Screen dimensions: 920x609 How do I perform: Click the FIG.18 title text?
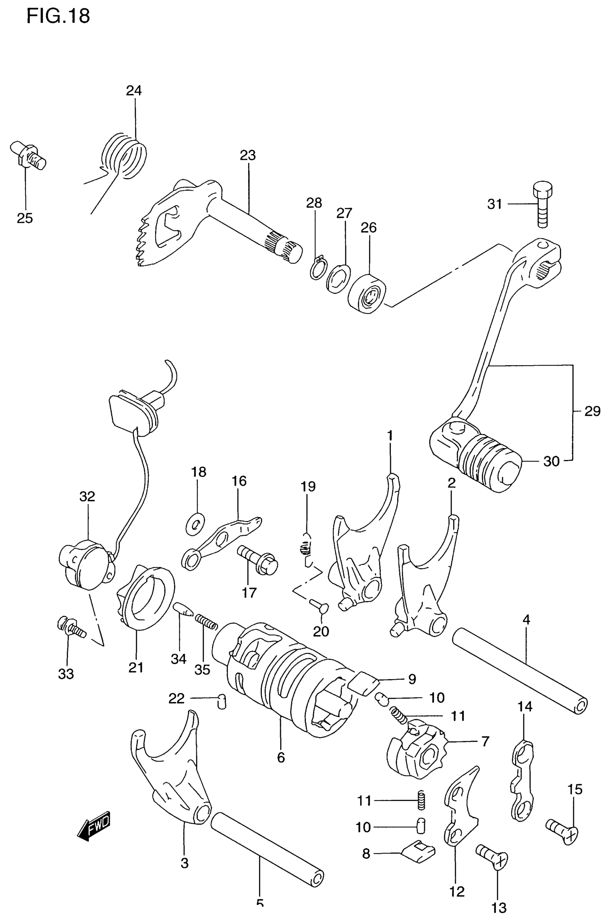58,16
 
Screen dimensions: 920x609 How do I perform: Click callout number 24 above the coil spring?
134,91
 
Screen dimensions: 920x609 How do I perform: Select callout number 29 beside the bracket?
592,411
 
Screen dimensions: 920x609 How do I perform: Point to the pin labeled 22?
222,701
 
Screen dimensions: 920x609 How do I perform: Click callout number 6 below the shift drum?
281,758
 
